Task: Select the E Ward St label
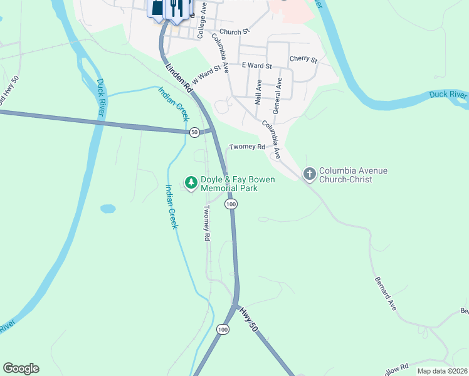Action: pyautogui.click(x=256, y=66)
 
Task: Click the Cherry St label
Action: pyautogui.click(x=303, y=60)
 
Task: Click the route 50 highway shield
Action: pyautogui.click(x=194, y=132)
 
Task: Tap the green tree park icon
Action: pyautogui.click(x=189, y=182)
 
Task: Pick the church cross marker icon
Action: pyautogui.click(x=309, y=174)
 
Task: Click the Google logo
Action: pyautogui.click(x=21, y=368)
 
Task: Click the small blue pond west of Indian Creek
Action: pyautogui.click(x=108, y=208)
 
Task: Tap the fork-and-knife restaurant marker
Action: pyautogui.click(x=176, y=8)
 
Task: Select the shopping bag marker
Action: pyautogui.click(x=156, y=8)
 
